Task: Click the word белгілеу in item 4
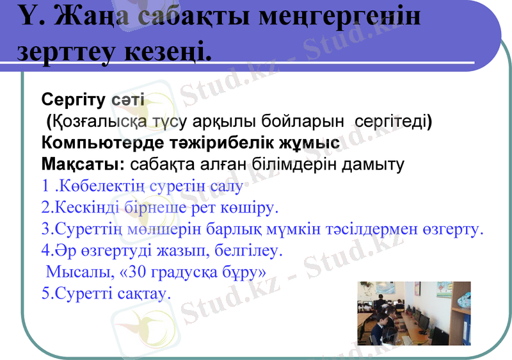248,250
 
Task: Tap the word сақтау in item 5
146,294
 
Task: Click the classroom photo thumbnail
413,314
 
